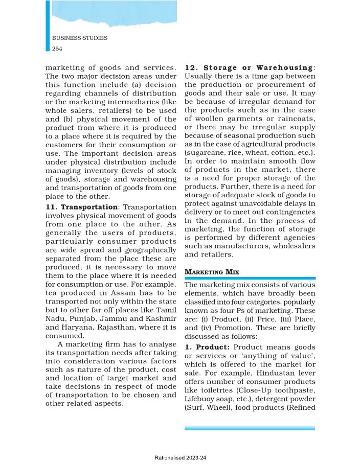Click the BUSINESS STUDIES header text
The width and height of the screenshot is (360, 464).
(x=79, y=38)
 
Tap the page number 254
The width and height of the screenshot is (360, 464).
(x=57, y=48)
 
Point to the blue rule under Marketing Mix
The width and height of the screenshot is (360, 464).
(x=250, y=278)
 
